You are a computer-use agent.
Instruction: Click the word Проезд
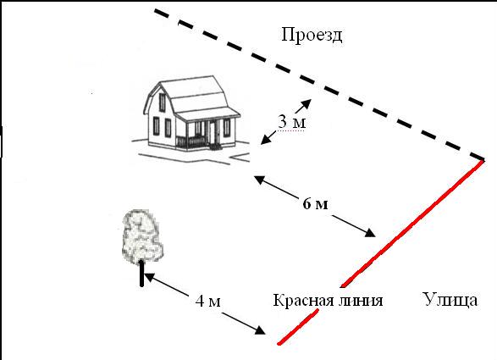click(312, 35)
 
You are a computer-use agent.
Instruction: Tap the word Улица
click(450, 300)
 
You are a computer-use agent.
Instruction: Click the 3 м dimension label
click(292, 121)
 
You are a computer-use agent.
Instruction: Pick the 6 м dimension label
click(315, 203)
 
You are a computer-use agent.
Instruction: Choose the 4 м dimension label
click(207, 301)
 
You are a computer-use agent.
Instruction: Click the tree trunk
click(141, 274)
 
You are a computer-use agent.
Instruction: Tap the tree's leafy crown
click(142, 236)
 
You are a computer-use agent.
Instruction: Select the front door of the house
click(212, 133)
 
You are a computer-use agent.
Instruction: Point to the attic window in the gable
click(162, 102)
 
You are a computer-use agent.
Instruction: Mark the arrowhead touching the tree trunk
click(149, 277)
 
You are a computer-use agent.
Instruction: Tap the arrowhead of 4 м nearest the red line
click(260, 330)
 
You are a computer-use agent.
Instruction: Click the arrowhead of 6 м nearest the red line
click(370, 233)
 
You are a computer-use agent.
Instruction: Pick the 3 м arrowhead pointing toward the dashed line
click(306, 103)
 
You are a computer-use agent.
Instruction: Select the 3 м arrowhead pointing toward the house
click(265, 140)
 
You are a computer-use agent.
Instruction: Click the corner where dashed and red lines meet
click(483, 158)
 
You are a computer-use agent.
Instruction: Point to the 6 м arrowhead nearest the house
click(260, 180)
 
